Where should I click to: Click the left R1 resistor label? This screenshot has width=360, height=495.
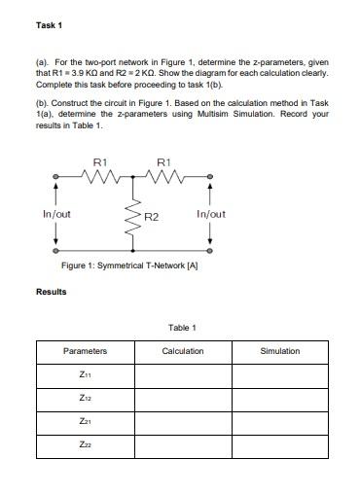(98, 162)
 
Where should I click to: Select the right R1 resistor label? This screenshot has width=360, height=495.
(163, 162)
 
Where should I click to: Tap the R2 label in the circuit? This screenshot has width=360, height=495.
(150, 215)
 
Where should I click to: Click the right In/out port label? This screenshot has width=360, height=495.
(210, 213)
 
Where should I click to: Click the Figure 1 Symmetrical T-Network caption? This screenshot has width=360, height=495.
(129, 265)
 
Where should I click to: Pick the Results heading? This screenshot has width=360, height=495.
(51, 291)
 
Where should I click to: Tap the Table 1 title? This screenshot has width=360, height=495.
(182, 328)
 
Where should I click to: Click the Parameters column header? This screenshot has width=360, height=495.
(85, 351)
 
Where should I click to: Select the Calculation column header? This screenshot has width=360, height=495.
(182, 351)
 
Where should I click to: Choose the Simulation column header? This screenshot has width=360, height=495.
(280, 351)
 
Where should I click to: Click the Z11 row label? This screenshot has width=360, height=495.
(85, 374)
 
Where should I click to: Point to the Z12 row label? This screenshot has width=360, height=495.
(85, 398)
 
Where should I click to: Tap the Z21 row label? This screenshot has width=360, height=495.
(85, 422)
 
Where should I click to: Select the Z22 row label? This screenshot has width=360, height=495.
(85, 445)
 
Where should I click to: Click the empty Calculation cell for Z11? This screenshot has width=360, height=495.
(182, 374)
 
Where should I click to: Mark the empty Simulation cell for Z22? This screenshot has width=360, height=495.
(280, 445)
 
